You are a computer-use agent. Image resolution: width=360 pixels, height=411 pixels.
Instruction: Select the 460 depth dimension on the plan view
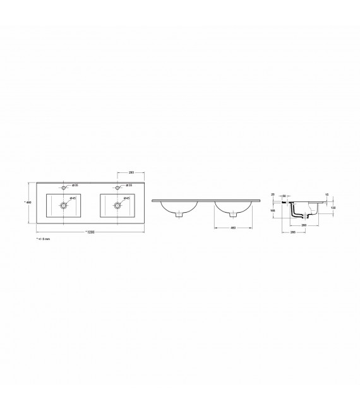pyautogui.click(x=28, y=202)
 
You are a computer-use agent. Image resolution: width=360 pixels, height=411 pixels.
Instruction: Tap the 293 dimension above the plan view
pyautogui.click(x=131, y=172)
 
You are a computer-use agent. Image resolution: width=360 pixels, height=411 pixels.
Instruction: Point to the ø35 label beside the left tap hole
pyautogui.click(x=74, y=186)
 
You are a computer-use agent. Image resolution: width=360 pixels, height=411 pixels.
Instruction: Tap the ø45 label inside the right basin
pyautogui.click(x=126, y=198)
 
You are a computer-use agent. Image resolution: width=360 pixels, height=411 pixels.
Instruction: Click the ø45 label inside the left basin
pyautogui.click(x=73, y=198)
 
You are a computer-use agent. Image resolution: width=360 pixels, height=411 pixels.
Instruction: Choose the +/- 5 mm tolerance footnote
pyautogui.click(x=42, y=241)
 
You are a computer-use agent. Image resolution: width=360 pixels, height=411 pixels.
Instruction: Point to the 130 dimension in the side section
pyautogui.click(x=333, y=207)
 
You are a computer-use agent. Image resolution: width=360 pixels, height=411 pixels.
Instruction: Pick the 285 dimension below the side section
pyautogui.click(x=294, y=232)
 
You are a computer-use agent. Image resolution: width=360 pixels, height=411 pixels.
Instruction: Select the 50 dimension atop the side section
pyautogui.click(x=285, y=196)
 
